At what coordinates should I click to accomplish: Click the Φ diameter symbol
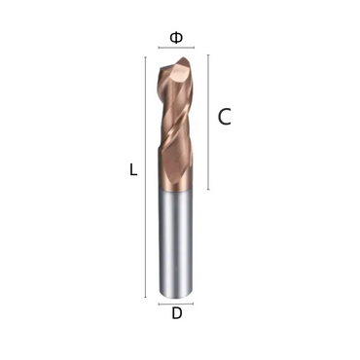point(176,37)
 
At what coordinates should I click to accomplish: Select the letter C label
point(224,118)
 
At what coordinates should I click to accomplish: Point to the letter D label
point(176,313)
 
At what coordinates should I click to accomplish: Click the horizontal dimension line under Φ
point(176,47)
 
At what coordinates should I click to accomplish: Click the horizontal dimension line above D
point(176,303)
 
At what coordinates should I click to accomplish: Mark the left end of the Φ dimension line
point(159,47)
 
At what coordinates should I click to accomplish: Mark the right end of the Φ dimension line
point(195,47)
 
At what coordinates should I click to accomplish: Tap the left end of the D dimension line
point(159,303)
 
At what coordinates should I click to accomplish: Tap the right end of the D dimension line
point(195,303)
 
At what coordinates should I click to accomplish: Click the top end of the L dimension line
point(145,56)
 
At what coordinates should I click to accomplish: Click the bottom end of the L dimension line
point(145,296)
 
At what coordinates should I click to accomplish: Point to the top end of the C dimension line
point(208,55)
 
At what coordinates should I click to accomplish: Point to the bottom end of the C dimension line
point(208,189)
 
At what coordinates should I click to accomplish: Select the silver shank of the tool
point(176,243)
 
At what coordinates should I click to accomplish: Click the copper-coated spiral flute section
point(176,126)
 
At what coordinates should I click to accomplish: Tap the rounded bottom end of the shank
point(176,293)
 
